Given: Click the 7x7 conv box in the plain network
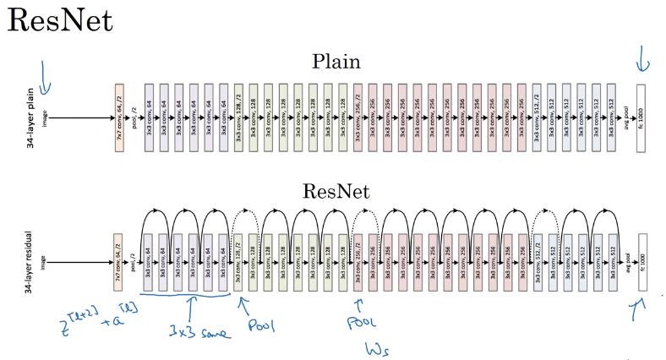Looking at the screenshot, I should click(x=119, y=117).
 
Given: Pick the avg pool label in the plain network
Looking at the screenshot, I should click(x=625, y=117).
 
